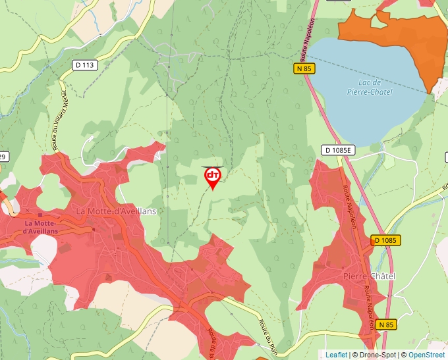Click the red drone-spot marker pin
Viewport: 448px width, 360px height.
(213, 176)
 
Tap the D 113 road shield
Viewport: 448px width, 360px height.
(85, 64)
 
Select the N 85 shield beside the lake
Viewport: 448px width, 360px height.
(304, 68)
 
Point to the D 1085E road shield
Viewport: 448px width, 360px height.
(339, 150)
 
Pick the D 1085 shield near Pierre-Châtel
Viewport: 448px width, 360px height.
(385, 240)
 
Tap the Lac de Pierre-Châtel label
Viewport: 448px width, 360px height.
(369, 87)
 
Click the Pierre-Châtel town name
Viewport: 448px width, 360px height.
(369, 276)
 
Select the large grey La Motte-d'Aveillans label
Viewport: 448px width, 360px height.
(116, 211)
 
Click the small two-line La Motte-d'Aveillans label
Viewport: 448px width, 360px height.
(40, 227)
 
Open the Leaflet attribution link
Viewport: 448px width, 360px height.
(336, 355)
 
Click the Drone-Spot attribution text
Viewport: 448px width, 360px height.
(376, 355)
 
